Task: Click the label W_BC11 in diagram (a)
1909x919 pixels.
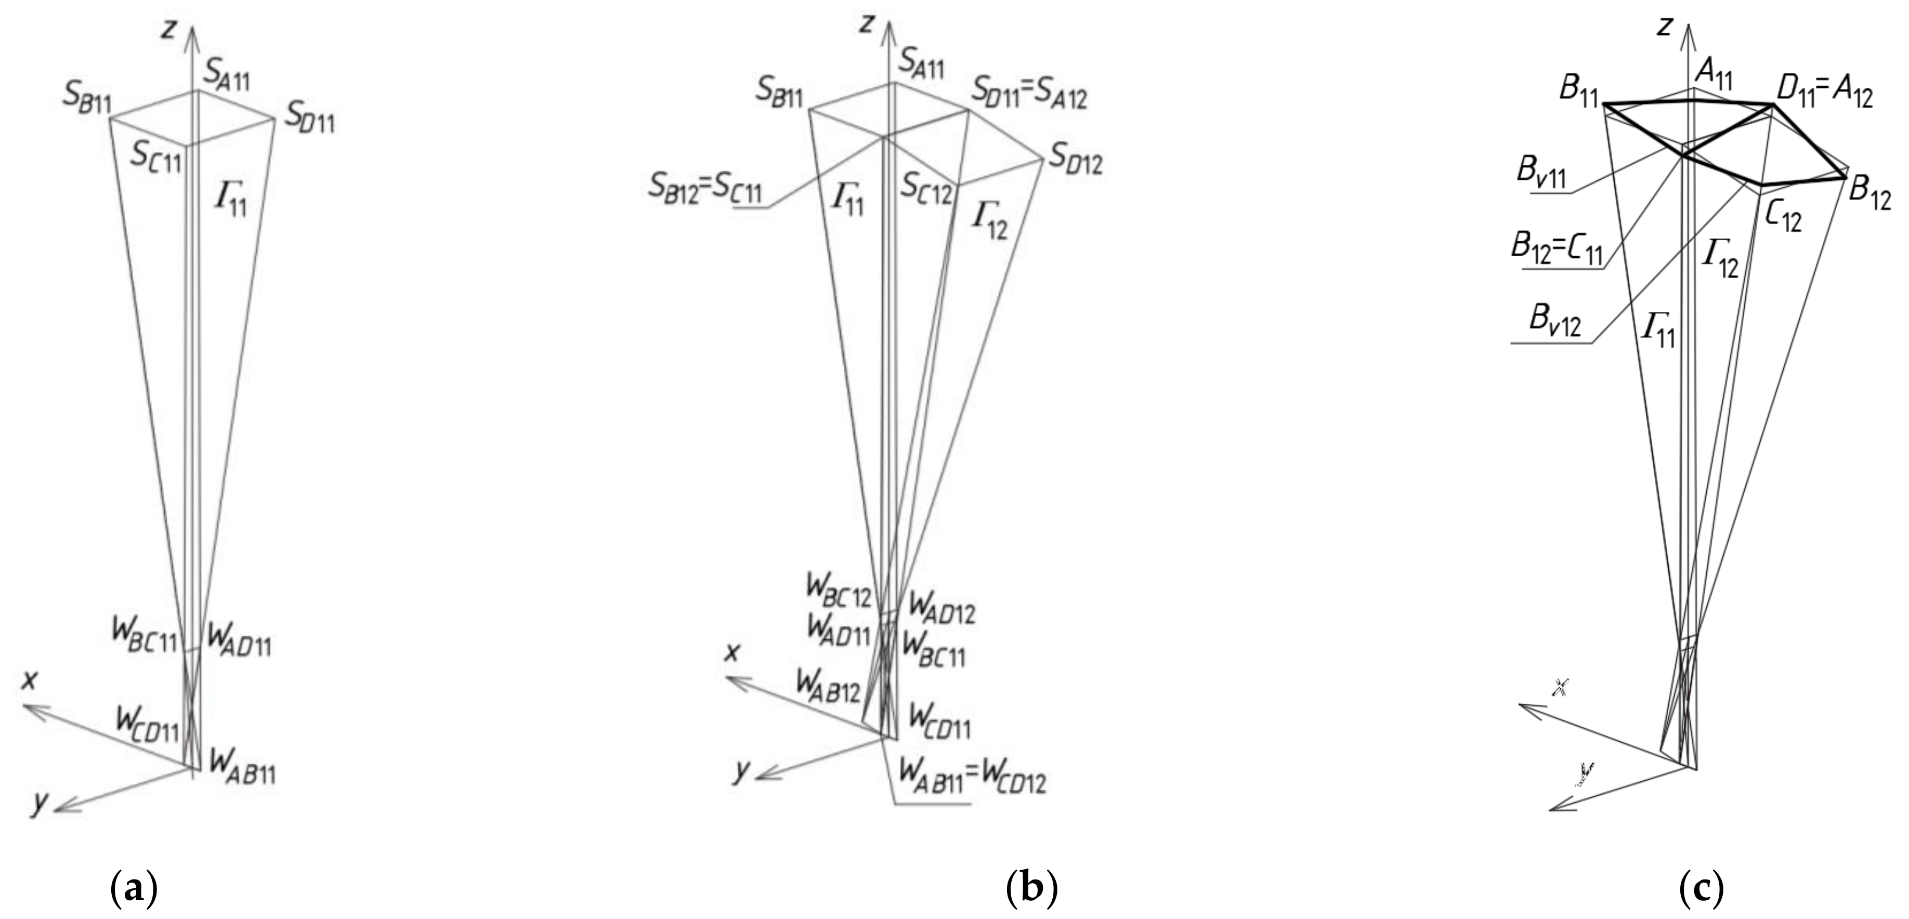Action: (x=145, y=634)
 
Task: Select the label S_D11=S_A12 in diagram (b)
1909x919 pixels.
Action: (x=1029, y=94)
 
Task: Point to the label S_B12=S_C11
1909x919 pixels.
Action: (x=704, y=190)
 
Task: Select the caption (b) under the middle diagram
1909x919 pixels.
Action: (x=1031, y=886)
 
